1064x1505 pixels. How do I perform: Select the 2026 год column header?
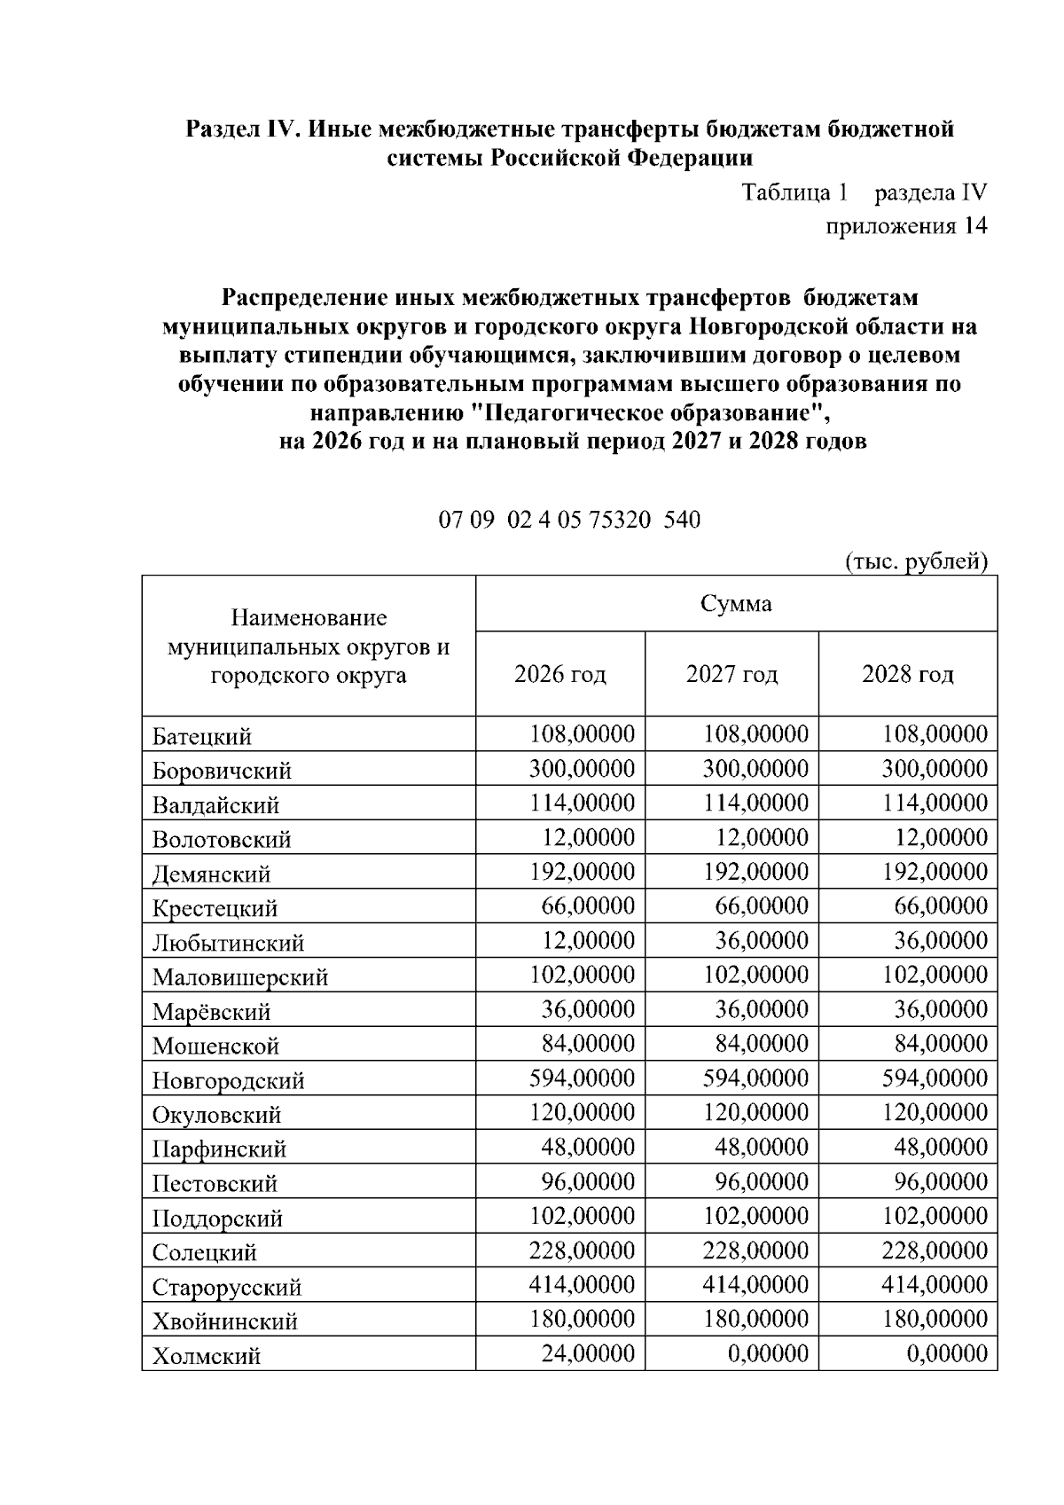pos(559,675)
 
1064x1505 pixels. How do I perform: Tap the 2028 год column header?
pos(907,675)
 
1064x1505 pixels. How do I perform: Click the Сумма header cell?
pos(736,605)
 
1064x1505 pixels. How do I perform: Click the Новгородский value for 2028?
pos(935,1078)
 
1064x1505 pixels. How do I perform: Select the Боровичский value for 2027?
pos(755,769)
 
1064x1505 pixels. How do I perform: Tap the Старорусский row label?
pos(227,1287)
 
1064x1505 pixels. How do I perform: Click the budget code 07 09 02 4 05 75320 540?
pos(569,520)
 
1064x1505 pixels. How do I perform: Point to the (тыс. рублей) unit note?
pos(915,561)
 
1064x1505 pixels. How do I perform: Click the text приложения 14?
pos(906,226)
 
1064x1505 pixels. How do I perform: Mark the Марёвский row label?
pos(211,1012)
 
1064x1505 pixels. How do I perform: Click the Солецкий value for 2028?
pos(935,1251)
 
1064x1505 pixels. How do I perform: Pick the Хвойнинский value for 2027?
pos(755,1320)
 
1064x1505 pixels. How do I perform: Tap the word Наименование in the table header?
pos(309,618)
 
